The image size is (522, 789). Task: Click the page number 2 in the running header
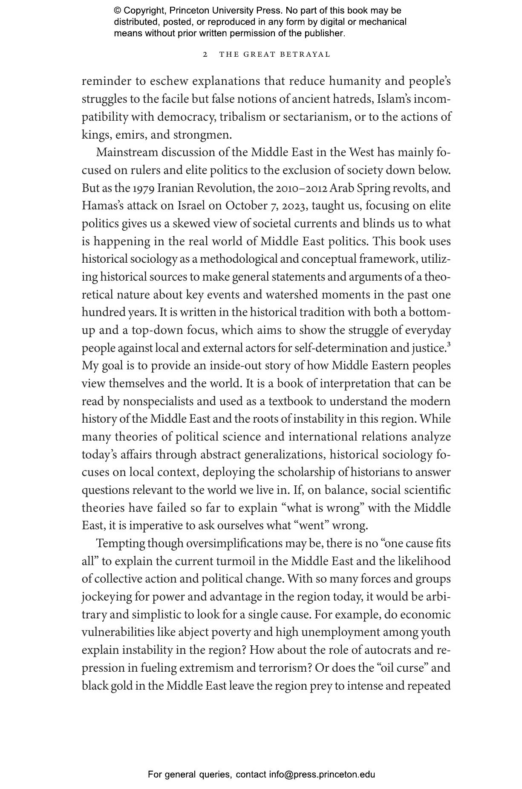[205, 55]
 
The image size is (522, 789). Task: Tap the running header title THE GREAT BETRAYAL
[274, 55]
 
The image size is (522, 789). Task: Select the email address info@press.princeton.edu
[322, 774]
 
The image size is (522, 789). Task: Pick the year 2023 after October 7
[294, 206]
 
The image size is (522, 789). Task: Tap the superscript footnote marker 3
[449, 344]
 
